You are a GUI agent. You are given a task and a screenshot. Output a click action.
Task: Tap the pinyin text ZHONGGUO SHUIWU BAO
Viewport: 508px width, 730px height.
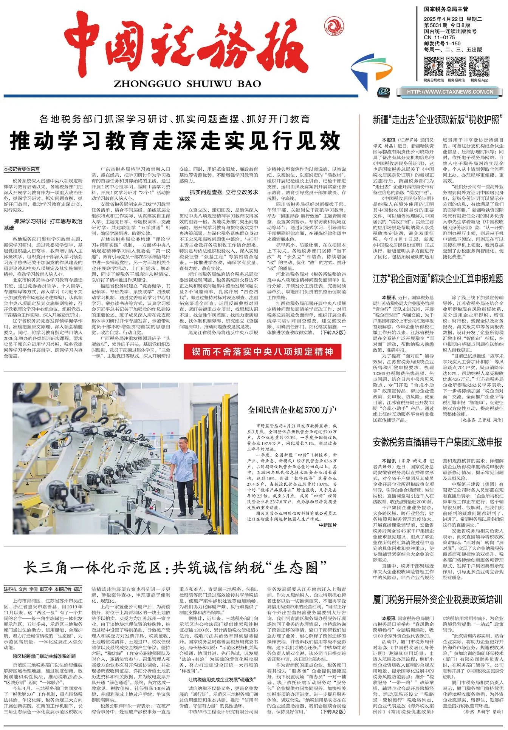187,84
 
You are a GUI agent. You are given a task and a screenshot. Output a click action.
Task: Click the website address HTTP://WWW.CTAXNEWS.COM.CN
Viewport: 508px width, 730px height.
450,92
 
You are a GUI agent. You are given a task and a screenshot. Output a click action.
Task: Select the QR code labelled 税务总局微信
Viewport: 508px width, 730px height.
434,66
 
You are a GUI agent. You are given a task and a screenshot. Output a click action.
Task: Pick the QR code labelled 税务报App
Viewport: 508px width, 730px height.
479,66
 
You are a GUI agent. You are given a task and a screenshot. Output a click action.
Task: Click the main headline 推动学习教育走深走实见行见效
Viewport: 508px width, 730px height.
175,140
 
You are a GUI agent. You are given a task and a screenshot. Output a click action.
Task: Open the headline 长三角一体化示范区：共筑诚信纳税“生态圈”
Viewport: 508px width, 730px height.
175,567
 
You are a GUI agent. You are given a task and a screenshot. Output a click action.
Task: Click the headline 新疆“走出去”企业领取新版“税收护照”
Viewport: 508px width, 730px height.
438,120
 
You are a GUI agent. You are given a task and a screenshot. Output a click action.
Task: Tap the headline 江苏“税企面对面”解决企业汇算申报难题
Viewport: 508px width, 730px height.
438,279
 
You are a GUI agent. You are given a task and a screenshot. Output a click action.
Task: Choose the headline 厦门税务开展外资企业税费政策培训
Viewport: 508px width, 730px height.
438,599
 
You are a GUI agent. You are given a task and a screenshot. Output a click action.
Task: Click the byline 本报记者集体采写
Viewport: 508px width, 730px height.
22,169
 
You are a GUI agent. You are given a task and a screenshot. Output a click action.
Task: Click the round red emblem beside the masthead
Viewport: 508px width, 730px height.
334,25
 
